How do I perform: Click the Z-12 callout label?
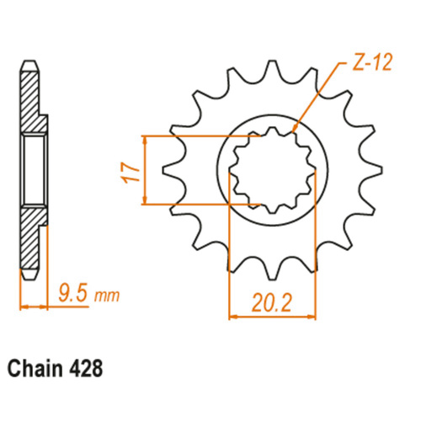tap(371, 62)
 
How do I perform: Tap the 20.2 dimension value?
tap(272, 302)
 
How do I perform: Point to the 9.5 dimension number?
tap(73, 292)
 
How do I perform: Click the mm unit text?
tap(107, 296)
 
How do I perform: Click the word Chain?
tap(35, 369)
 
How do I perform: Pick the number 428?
tap(85, 369)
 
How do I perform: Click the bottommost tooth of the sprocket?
tap(271, 270)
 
